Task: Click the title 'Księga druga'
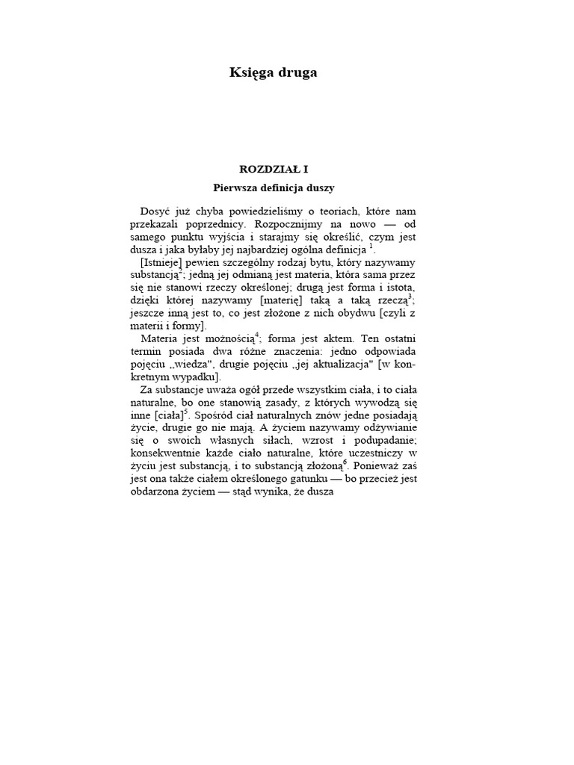(273, 72)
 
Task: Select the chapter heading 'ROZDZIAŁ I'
(273, 170)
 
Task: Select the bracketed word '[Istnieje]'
(162, 263)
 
